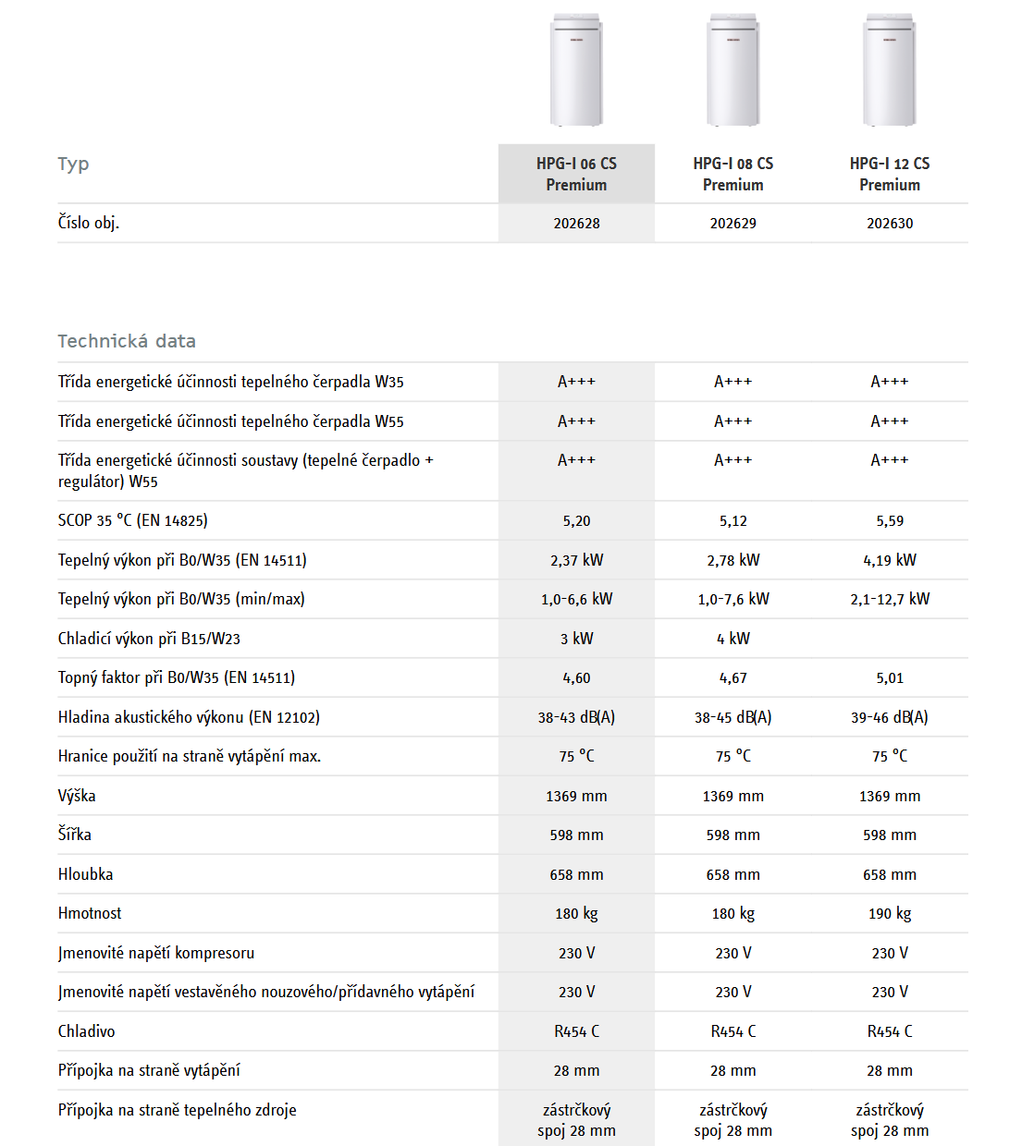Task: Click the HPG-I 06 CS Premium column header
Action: pos(576,174)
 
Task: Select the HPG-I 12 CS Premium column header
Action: pos(890,174)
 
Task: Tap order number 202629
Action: pos(733,224)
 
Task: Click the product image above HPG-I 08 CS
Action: pos(733,70)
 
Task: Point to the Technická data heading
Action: pos(127,341)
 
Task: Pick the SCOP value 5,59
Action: pos(890,521)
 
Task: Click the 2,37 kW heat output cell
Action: pos(576,560)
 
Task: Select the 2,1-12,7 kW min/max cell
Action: pos(890,599)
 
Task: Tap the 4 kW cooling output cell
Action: pos(733,639)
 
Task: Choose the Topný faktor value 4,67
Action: pos(733,678)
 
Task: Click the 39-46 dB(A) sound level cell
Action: pos(890,717)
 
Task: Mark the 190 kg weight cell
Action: pos(890,914)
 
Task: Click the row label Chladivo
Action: pos(87,1031)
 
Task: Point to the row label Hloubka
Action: pos(86,874)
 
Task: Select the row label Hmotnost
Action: pos(90,913)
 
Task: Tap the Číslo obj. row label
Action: pos(89,223)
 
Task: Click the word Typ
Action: pos(73,164)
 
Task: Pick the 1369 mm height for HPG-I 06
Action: pos(576,796)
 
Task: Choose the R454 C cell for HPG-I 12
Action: pos(890,1031)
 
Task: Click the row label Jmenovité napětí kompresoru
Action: pos(156,953)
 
